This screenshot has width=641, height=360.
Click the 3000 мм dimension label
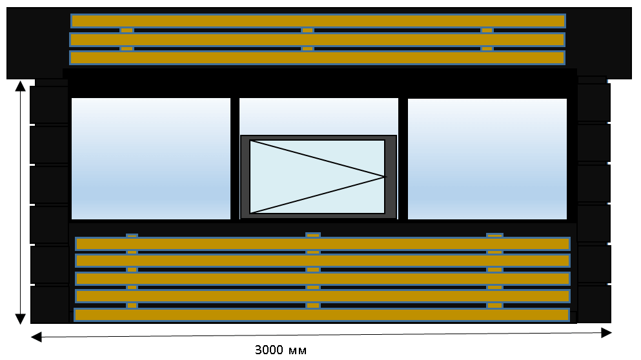tap(280, 350)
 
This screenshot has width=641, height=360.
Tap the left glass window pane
tap(151, 159)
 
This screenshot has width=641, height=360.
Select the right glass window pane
tap(487, 159)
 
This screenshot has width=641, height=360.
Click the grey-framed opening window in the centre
tap(318, 177)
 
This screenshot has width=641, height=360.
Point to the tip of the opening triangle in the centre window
tap(386, 177)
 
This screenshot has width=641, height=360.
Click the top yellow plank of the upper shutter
tap(318, 21)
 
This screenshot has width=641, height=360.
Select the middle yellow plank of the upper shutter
tap(317, 39)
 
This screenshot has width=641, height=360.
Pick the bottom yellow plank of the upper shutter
tap(317, 57)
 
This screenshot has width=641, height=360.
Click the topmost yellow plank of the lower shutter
tap(323, 244)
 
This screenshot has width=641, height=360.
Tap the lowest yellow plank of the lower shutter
tap(321, 315)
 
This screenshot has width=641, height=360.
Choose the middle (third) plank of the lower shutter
tap(323, 279)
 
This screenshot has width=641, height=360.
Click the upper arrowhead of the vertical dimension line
tap(21, 86)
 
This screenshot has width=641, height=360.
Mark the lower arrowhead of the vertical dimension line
tap(21, 319)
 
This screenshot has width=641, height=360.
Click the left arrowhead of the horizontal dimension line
tap(36, 337)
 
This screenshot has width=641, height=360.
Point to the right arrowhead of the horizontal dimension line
tap(607, 333)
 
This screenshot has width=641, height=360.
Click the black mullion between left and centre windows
tap(235, 159)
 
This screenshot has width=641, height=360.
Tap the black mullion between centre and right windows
tap(403, 159)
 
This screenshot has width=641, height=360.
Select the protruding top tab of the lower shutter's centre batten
tap(313, 235)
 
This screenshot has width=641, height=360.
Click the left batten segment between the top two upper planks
tap(127, 30)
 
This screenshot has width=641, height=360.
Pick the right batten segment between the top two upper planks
tap(487, 30)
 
